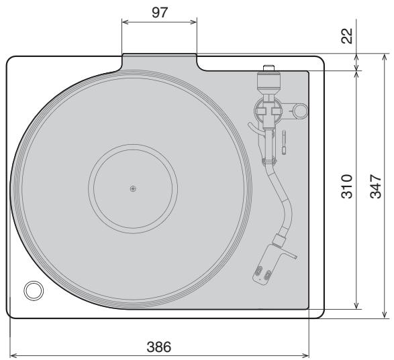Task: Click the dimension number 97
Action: coord(159,11)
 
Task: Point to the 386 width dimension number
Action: coord(159,347)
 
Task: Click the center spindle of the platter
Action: coord(133,188)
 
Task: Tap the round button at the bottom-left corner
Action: coord(32,290)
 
